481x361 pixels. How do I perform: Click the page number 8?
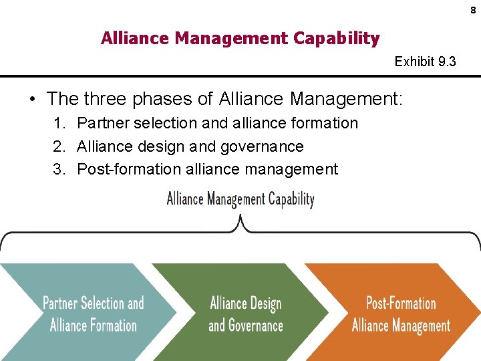(x=473, y=11)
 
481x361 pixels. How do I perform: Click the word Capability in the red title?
(x=337, y=39)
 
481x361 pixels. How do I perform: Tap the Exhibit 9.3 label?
(x=426, y=62)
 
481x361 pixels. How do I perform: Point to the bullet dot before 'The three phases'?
(x=32, y=100)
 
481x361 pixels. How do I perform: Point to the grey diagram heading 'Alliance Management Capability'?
(x=240, y=199)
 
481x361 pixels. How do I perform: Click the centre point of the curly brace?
(x=240, y=224)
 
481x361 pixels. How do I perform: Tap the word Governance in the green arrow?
(x=256, y=326)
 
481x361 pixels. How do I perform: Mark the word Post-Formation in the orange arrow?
(x=401, y=303)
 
